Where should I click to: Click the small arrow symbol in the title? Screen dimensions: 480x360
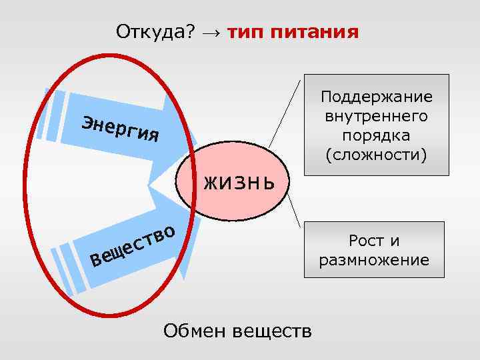pyautogui.click(x=211, y=32)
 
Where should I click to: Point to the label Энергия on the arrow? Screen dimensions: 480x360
pyautogui.click(x=120, y=129)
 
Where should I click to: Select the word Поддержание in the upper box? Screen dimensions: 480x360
pyautogui.click(x=376, y=97)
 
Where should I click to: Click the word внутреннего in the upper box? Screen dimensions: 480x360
pyautogui.click(x=376, y=117)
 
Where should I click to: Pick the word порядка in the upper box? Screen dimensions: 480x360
pyautogui.click(x=376, y=135)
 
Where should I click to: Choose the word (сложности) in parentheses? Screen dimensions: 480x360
pyautogui.click(x=376, y=155)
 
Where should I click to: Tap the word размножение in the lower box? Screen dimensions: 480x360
pyautogui.click(x=374, y=260)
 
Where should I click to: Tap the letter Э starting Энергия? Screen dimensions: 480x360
pyautogui.click(x=87, y=121)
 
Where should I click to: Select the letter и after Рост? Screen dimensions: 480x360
pyautogui.click(x=395, y=241)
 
